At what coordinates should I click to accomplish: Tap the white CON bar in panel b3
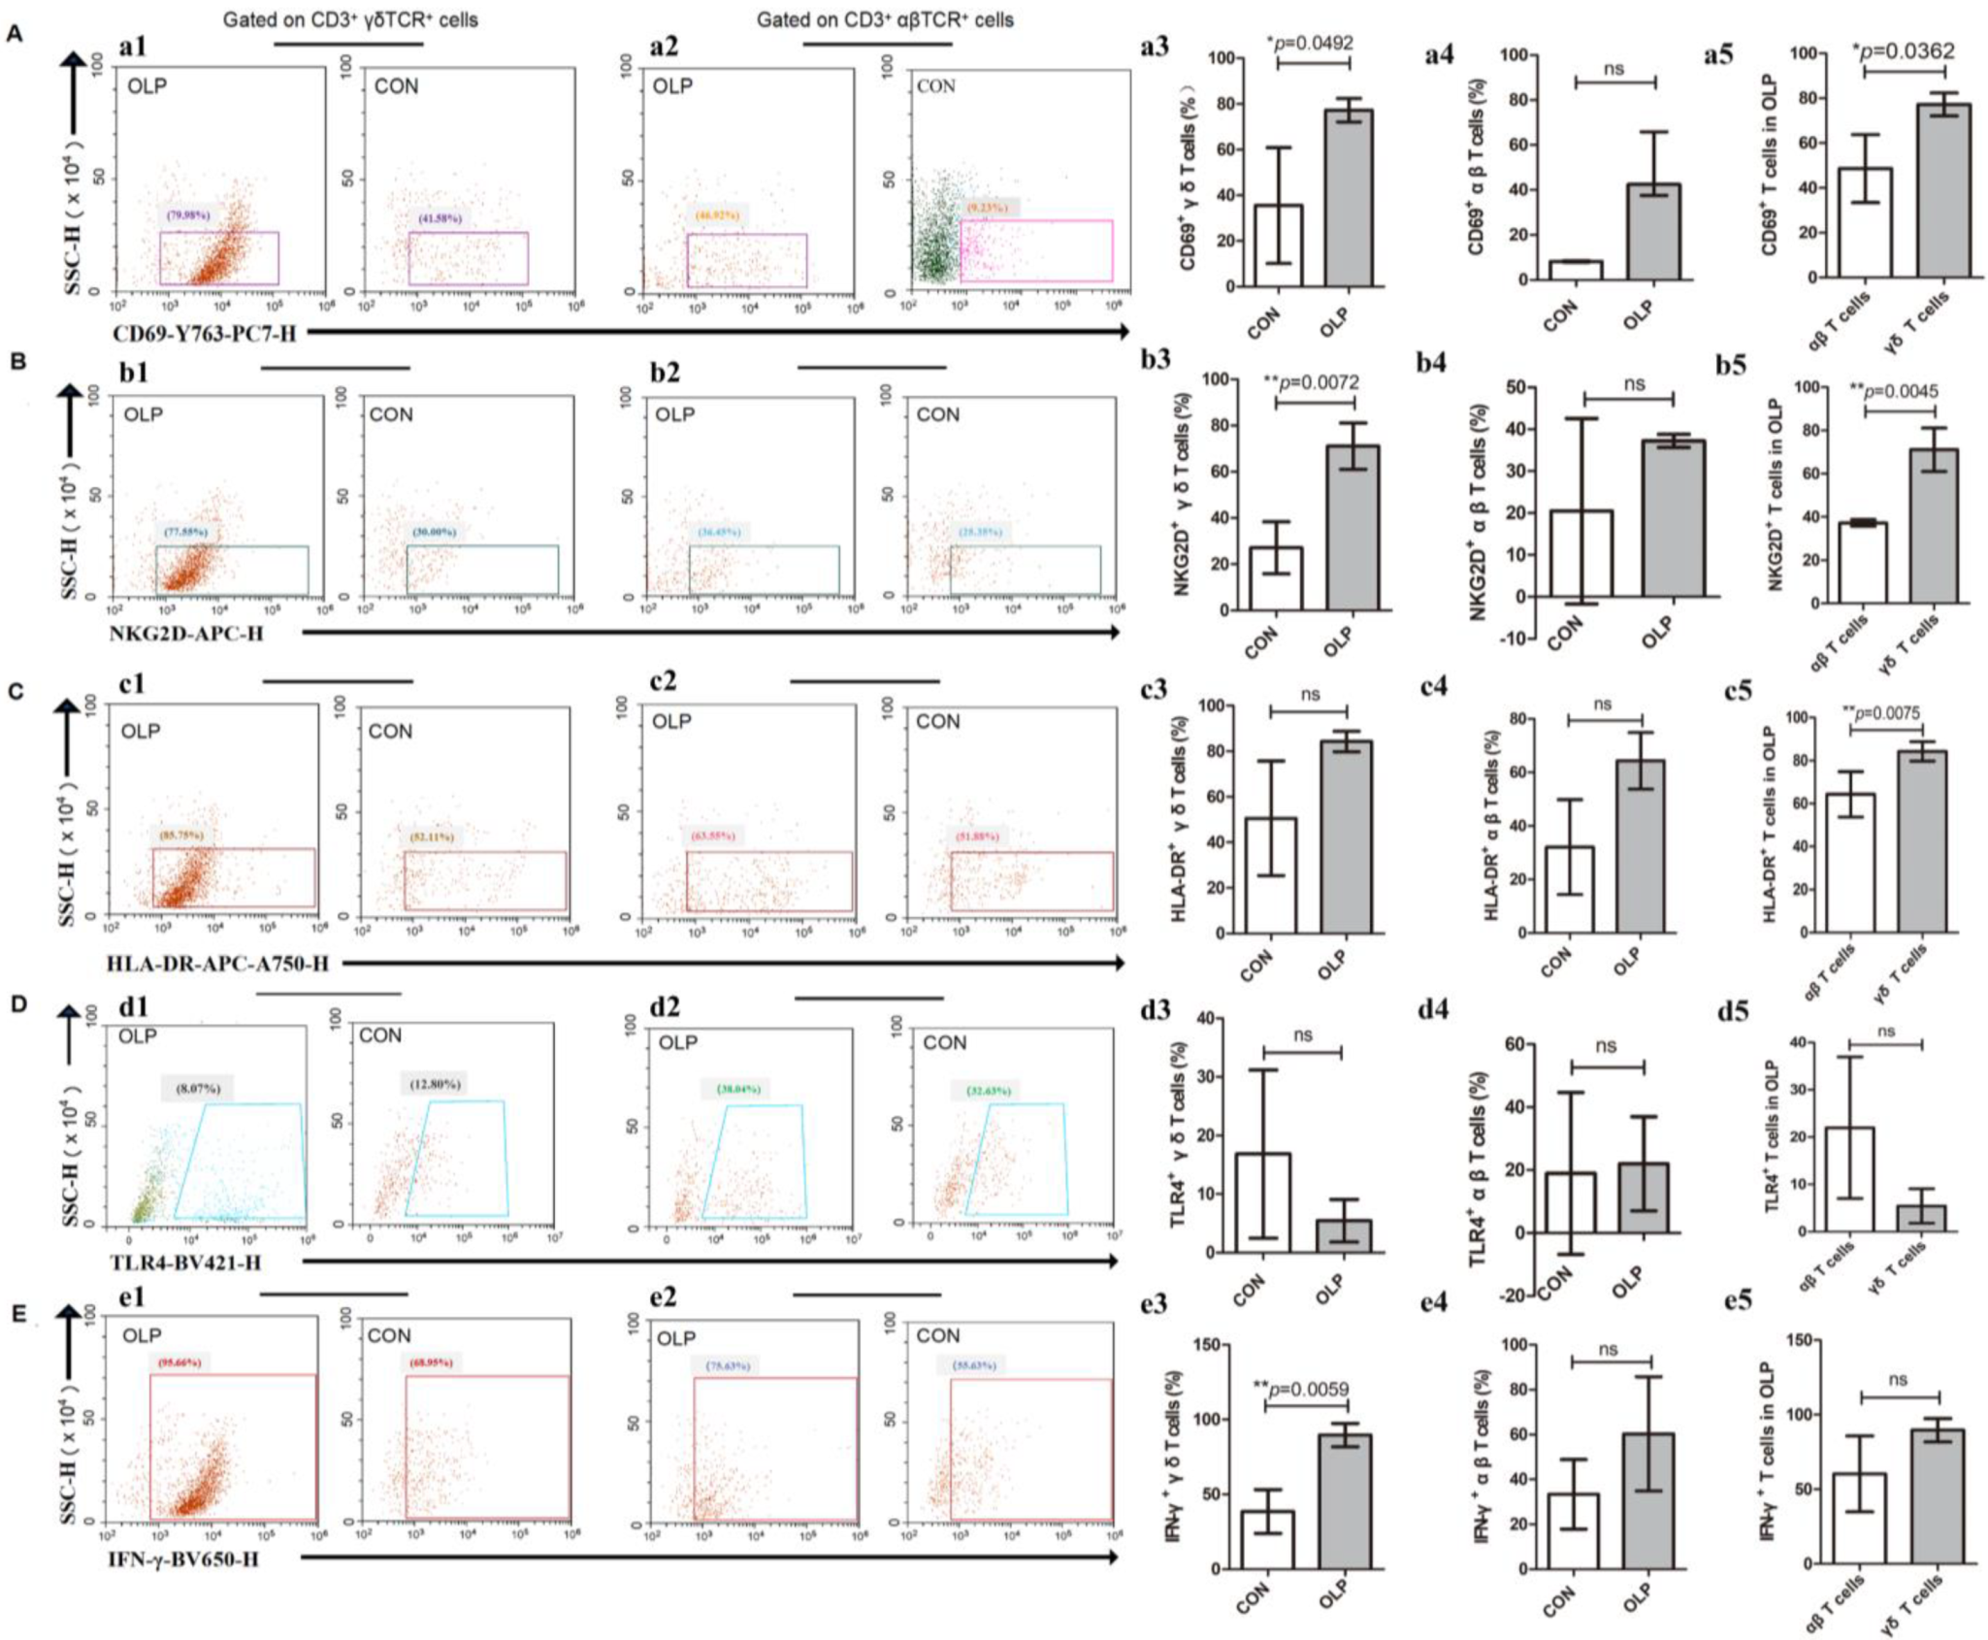(1275, 578)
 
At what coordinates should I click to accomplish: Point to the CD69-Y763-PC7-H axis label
(205, 334)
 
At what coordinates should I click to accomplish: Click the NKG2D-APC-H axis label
(188, 634)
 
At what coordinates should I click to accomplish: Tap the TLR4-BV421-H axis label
(188, 1263)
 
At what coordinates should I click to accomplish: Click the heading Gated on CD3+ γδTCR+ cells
(350, 19)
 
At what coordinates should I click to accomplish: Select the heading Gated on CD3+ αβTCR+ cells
(885, 19)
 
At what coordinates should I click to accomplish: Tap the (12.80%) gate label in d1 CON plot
(435, 1084)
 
